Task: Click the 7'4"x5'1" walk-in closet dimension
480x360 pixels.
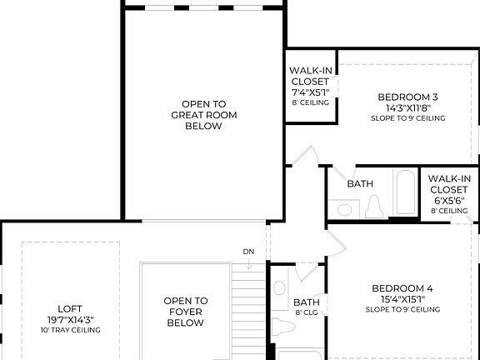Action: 310,92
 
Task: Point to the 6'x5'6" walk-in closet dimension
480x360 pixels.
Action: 449,201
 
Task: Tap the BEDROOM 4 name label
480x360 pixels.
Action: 402,288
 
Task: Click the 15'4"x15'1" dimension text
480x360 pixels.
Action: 402,299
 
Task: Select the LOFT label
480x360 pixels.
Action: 70,307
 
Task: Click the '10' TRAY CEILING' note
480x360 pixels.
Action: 70,330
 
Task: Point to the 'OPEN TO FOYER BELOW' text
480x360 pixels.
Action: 185,312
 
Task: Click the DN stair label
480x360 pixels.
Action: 248,252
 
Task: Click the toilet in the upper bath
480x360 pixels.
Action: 372,206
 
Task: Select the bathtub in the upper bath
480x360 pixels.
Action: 406,193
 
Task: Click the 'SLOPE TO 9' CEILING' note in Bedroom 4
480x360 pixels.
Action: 402,310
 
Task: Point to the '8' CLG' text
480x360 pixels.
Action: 307,313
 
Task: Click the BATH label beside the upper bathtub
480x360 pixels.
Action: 360,183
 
